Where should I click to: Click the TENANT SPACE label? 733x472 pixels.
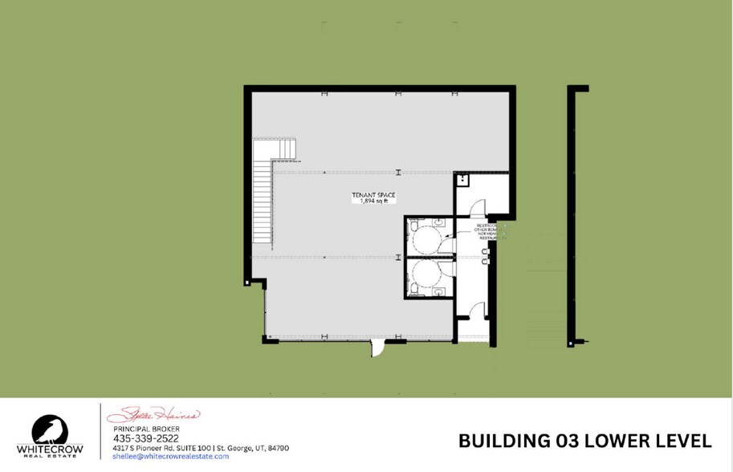[373, 195]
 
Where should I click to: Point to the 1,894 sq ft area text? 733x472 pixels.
[373, 201]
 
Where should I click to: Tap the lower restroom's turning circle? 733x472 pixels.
[427, 278]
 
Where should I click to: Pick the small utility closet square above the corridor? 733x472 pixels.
[462, 181]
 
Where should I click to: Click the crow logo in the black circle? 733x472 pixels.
[49, 430]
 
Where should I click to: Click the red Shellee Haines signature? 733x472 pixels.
[153, 416]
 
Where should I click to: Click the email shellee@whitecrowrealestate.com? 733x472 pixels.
[171, 456]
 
